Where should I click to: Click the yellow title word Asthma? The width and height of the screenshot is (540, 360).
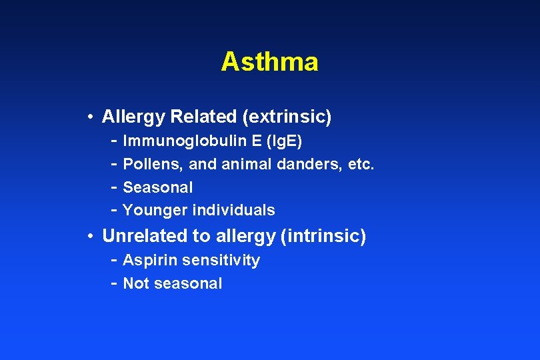click(269, 62)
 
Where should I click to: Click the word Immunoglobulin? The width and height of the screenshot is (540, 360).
click(176, 141)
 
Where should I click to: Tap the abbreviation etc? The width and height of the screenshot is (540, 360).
click(361, 164)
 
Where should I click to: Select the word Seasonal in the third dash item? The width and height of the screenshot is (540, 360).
click(158, 187)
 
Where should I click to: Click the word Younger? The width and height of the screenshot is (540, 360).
click(155, 211)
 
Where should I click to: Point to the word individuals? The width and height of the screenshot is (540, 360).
click(233, 211)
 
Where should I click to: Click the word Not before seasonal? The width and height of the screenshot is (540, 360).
click(136, 283)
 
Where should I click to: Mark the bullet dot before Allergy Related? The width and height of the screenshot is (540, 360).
click(89, 118)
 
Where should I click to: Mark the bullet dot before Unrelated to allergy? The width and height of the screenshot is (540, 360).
click(89, 237)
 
